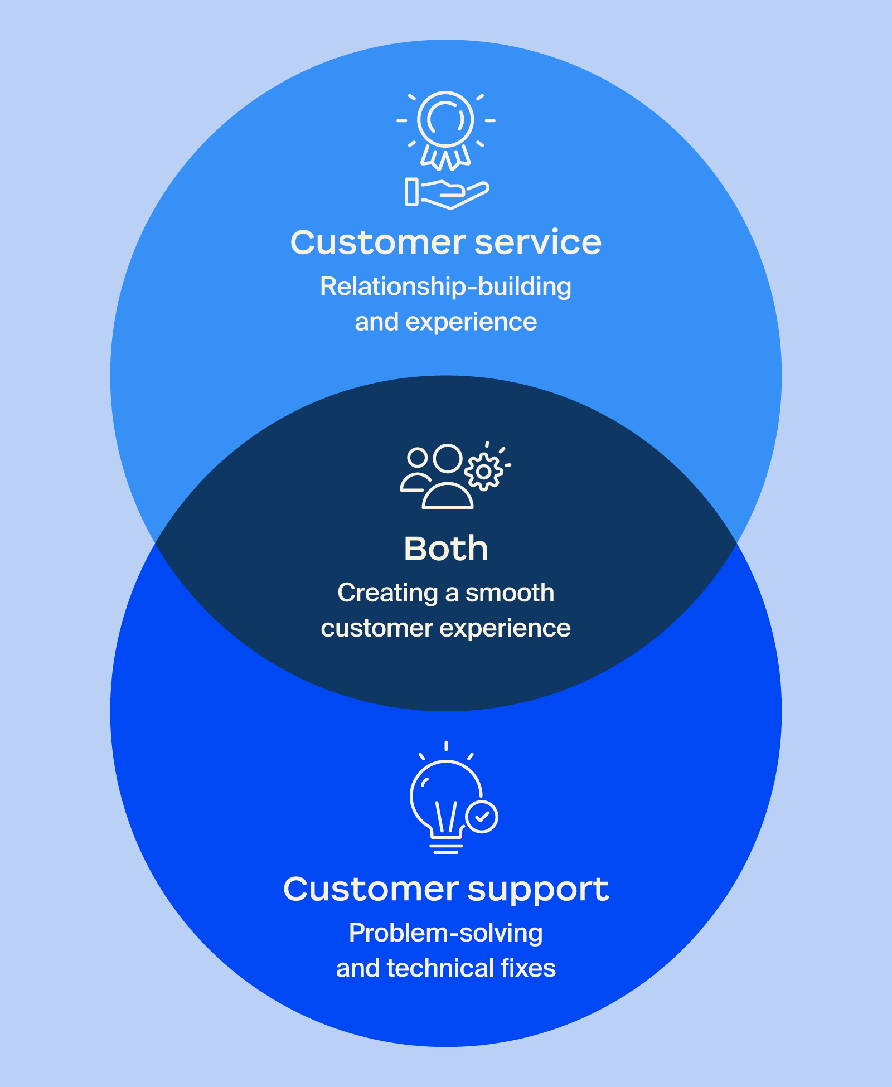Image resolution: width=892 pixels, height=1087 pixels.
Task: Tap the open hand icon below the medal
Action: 447,193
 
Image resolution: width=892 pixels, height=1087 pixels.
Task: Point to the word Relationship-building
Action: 445,287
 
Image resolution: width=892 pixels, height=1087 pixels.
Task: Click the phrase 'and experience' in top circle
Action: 445,322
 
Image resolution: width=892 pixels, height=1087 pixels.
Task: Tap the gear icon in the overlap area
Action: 483,472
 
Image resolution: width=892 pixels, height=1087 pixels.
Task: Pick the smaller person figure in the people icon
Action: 416,472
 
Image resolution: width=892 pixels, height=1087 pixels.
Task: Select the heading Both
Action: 445,549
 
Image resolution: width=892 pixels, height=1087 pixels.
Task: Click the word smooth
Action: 510,593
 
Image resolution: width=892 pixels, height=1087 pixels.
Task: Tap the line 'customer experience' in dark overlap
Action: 445,628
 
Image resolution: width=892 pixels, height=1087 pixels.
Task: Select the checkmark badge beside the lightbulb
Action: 482,817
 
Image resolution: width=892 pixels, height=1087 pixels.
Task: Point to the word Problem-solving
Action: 445,933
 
